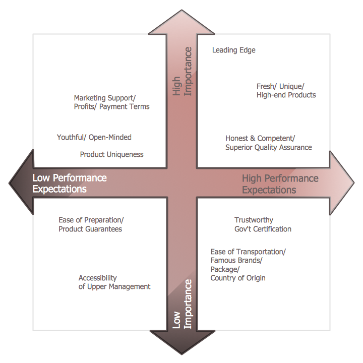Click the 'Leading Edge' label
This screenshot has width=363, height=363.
[233, 50]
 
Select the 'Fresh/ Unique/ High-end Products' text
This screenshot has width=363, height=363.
[286, 90]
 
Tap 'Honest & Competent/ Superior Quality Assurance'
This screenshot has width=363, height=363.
[268, 143]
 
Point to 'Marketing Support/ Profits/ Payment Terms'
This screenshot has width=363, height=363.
[111, 102]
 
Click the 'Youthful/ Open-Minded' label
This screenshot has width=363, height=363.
[94, 137]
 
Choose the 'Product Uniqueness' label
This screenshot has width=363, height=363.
[111, 154]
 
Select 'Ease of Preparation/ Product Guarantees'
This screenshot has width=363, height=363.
[91, 224]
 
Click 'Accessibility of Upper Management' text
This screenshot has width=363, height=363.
[114, 282]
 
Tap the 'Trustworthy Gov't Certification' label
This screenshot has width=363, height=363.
[263, 224]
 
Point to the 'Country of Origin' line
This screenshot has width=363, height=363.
[237, 278]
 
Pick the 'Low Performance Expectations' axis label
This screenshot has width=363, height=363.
[69, 184]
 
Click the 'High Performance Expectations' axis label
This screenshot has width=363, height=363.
[280, 184]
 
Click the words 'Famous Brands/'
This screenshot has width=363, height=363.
[236, 260]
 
